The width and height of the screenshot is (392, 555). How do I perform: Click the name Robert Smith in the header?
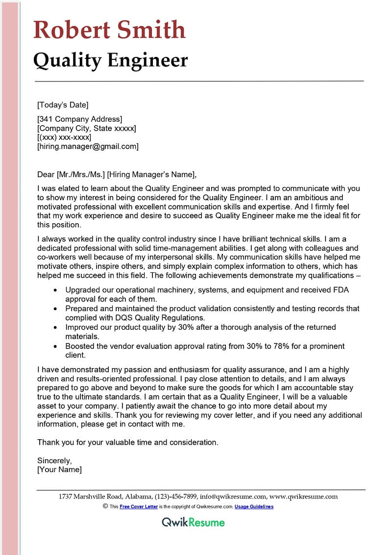[x=109, y=30]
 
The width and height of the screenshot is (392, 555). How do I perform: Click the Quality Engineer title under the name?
[x=110, y=60]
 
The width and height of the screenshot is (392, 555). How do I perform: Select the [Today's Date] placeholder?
[x=63, y=105]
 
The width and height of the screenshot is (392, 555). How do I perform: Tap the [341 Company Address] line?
[x=79, y=119]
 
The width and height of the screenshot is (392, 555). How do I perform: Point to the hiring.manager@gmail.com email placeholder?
[x=88, y=146]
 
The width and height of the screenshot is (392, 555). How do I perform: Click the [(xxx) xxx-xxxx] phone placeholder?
[x=64, y=137]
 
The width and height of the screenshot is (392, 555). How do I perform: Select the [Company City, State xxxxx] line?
[x=87, y=128]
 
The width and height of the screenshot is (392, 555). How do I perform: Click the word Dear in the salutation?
[x=46, y=174]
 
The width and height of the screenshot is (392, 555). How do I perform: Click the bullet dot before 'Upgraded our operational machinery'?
[x=56, y=290]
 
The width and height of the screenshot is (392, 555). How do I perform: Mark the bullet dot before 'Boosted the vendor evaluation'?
[x=56, y=346]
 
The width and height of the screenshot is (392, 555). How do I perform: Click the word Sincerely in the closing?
[x=54, y=460]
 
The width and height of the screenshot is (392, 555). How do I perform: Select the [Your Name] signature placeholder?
[x=59, y=470]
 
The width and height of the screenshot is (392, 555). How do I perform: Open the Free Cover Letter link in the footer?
[x=139, y=506]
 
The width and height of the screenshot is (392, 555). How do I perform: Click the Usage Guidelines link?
[x=254, y=506]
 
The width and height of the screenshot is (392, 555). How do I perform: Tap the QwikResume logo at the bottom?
[x=193, y=522]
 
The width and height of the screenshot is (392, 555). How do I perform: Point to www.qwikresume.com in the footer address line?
[x=303, y=496]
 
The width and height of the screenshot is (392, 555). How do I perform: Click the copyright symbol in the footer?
[x=105, y=506]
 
